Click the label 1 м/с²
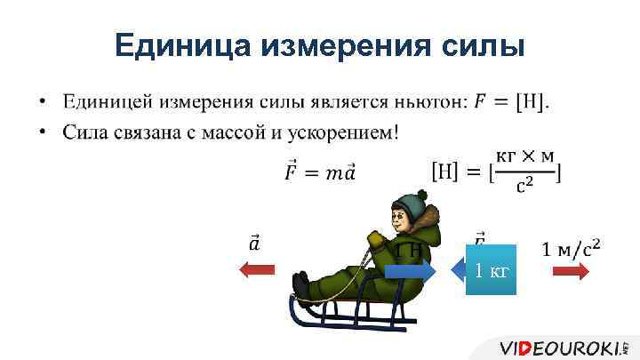coord(572,244)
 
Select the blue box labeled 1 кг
coord(491,268)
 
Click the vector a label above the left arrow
coord(254,242)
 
